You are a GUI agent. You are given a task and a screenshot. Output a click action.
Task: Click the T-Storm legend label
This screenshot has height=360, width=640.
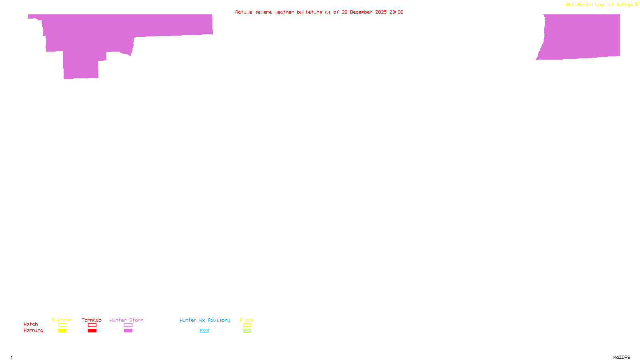(62, 320)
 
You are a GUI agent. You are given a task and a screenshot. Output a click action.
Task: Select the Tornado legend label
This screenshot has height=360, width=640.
(92, 320)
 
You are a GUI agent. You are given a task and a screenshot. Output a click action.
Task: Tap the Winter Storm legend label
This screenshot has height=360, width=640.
(126, 320)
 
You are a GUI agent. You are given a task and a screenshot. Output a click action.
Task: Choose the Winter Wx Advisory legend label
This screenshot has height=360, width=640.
(205, 320)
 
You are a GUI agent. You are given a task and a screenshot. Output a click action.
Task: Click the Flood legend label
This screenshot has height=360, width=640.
(247, 320)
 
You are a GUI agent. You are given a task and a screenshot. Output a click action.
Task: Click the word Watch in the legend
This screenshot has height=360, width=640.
(31, 324)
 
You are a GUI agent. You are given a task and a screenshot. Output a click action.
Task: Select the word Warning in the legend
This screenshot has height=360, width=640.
(34, 330)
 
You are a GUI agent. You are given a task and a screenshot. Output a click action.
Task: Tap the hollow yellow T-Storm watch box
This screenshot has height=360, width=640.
(62, 325)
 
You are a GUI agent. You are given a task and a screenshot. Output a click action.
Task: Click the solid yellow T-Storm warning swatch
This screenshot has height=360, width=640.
(62, 331)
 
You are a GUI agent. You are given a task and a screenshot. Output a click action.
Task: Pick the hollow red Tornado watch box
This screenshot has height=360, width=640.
(92, 325)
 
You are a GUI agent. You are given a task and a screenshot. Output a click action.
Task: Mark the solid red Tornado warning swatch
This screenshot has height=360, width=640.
(92, 331)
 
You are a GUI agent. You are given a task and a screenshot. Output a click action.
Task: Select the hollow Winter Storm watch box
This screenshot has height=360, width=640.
(128, 325)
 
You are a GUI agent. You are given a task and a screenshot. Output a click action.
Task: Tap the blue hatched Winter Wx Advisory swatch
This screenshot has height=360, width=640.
(204, 331)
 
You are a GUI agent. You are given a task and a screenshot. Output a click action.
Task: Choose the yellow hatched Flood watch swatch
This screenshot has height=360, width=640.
(247, 325)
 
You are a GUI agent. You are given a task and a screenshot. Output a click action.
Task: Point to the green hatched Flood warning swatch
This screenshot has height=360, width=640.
(247, 331)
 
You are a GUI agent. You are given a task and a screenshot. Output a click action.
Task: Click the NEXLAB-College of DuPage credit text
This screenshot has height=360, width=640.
(600, 5)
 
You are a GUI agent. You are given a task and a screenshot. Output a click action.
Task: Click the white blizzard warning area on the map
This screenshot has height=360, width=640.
(42, 100)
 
